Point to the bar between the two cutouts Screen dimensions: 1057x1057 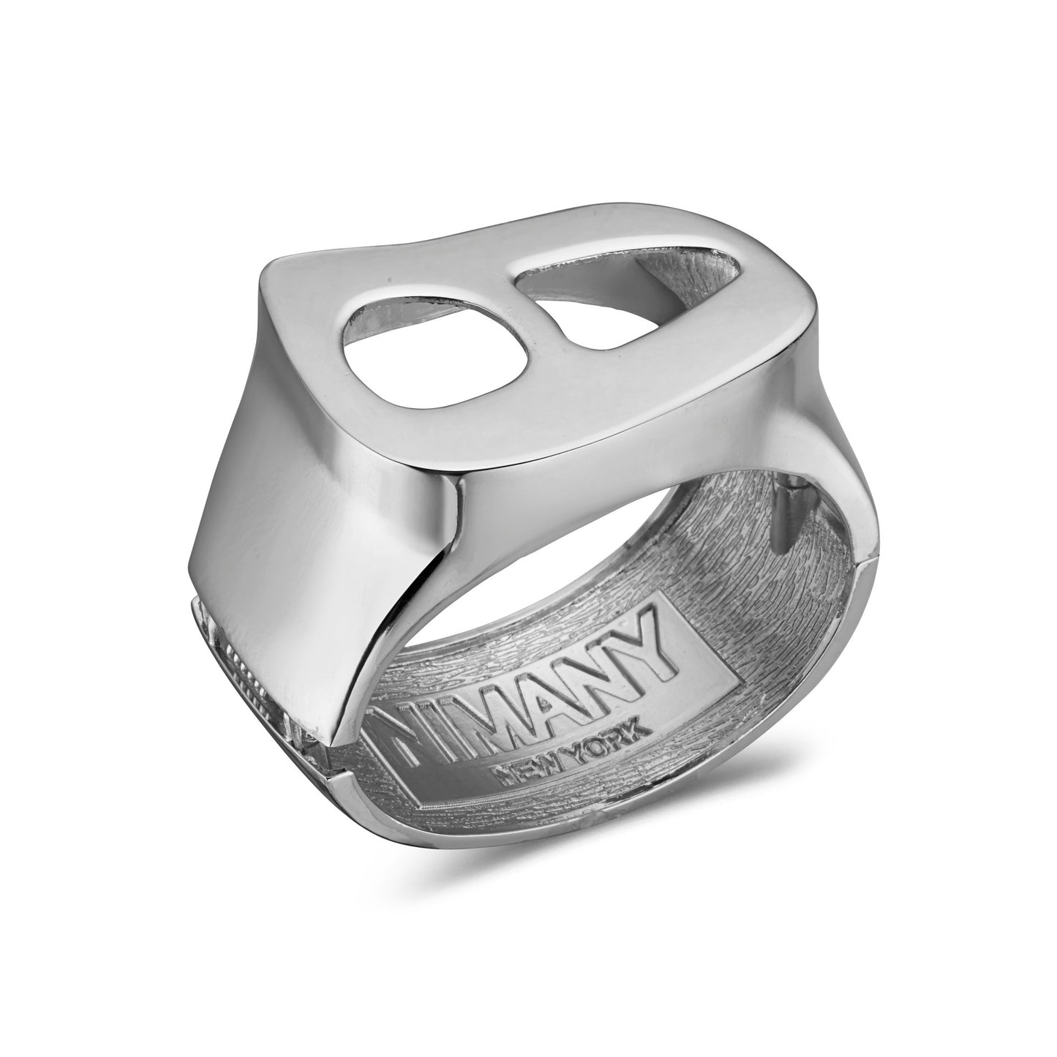(x=505, y=322)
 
